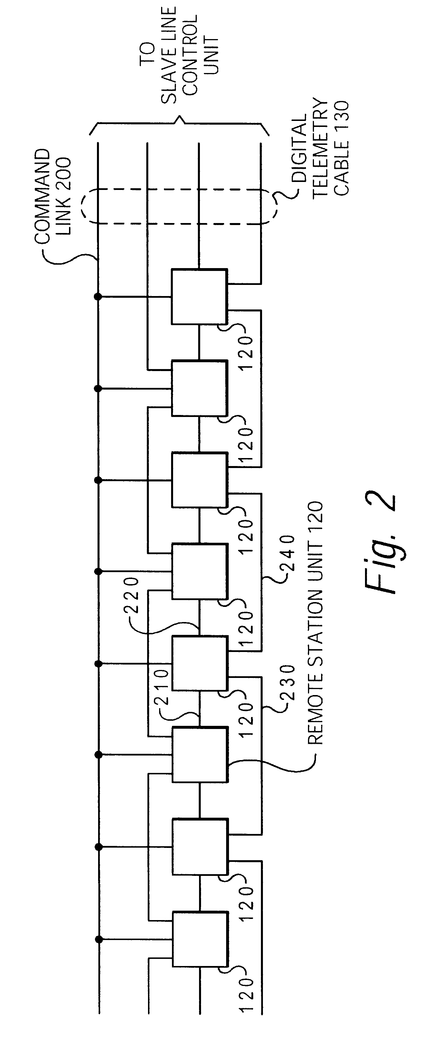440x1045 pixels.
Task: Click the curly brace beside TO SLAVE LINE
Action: (179, 124)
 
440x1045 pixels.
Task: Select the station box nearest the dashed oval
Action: (199, 296)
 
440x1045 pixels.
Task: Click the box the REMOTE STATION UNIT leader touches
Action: (199, 755)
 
